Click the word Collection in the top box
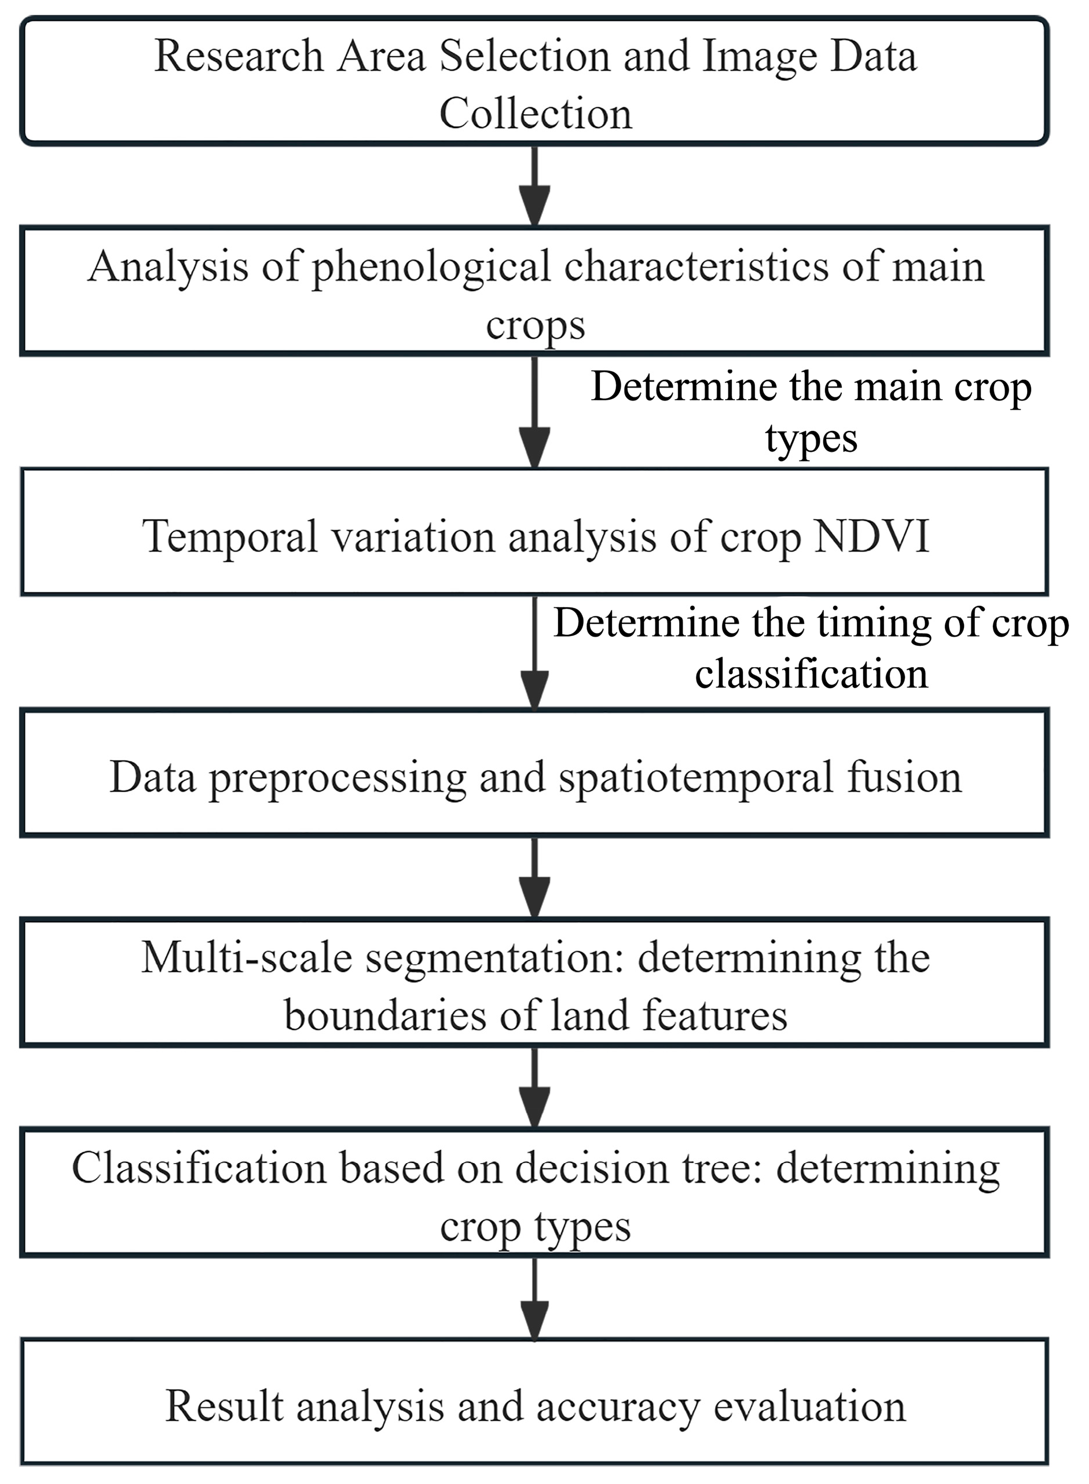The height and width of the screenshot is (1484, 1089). coord(536,114)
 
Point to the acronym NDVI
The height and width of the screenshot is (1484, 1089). coord(871,536)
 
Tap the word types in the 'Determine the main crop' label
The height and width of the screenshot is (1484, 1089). coord(811,438)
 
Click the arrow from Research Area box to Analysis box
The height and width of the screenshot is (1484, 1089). coord(534,186)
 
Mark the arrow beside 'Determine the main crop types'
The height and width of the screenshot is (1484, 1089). coord(534,412)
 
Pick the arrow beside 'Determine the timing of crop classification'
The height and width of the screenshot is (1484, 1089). coord(534,652)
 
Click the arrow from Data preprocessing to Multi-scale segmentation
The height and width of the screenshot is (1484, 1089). coord(534,877)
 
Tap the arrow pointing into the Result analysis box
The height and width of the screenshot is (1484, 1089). coord(534,1298)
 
